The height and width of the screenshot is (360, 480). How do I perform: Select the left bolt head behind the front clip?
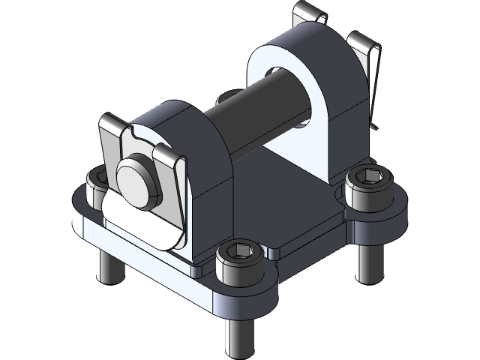(98, 182)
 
